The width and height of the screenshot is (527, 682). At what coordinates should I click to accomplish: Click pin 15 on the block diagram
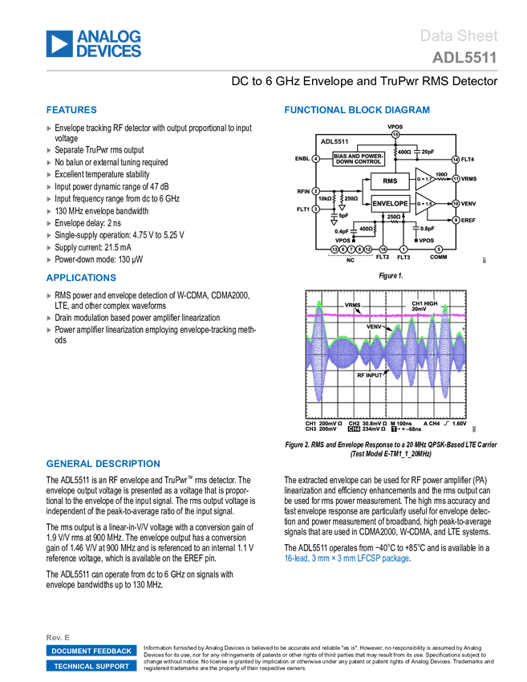click(x=395, y=135)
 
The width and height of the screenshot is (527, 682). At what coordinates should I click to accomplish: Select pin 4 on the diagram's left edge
click(x=316, y=159)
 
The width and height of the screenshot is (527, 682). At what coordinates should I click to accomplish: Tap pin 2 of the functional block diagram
click(x=316, y=191)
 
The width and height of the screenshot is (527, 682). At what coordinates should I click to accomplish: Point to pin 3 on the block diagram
click(x=316, y=209)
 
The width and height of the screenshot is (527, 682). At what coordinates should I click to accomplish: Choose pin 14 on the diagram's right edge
click(x=455, y=160)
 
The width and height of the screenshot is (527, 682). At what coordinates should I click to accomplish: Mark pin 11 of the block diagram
click(x=455, y=178)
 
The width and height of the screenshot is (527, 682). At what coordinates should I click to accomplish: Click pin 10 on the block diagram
click(x=455, y=204)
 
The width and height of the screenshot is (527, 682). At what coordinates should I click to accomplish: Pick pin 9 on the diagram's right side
click(x=456, y=220)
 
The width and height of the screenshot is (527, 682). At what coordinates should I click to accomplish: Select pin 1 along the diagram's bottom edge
click(x=403, y=250)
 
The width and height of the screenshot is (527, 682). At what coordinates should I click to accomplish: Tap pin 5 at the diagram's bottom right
click(x=439, y=250)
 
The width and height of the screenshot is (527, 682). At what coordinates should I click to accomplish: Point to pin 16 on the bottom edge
click(x=383, y=250)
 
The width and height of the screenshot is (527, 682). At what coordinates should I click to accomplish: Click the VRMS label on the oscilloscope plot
click(x=352, y=306)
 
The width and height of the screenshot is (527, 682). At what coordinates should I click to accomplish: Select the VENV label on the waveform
click(x=375, y=327)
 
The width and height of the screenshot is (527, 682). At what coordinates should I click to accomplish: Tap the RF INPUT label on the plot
click(x=371, y=375)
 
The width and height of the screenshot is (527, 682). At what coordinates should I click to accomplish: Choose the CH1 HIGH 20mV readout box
click(x=424, y=306)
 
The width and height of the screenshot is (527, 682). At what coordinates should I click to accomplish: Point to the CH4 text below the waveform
click(x=354, y=429)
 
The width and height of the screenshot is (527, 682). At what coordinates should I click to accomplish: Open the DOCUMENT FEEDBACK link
click(x=91, y=651)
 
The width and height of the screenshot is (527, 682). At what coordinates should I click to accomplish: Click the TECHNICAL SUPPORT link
click(x=91, y=666)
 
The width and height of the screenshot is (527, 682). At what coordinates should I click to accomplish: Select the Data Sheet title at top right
click(x=459, y=36)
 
